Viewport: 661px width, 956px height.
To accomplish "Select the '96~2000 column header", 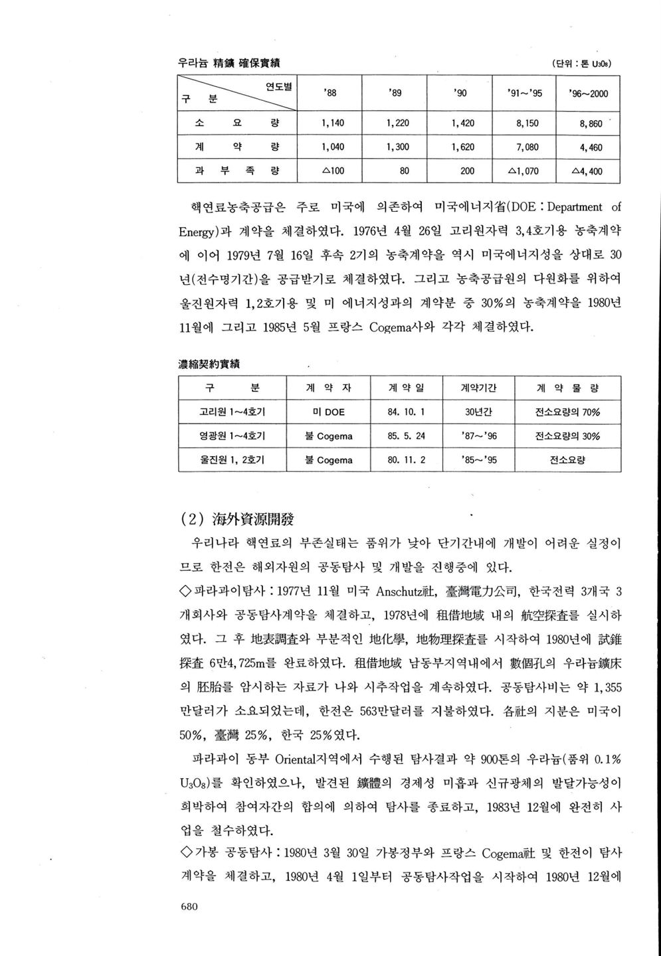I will (x=588, y=94).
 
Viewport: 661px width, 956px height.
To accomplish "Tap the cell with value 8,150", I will (x=527, y=123).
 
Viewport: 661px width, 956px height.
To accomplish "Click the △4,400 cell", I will (x=588, y=171).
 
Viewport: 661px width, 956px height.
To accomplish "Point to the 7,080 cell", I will (x=527, y=147).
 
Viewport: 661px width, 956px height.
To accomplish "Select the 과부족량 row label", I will (x=236, y=171).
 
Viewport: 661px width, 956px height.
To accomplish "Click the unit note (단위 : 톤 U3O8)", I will (x=581, y=64).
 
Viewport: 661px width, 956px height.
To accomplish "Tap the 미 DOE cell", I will (x=328, y=412).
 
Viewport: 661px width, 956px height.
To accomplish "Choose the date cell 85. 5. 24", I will (x=406, y=436).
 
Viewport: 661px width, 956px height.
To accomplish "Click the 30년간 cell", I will (x=478, y=412).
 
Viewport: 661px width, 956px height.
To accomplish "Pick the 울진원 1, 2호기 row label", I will (x=232, y=460).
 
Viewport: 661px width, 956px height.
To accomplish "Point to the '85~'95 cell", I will (x=478, y=460).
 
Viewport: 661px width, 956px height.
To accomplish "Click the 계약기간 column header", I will (x=478, y=388).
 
